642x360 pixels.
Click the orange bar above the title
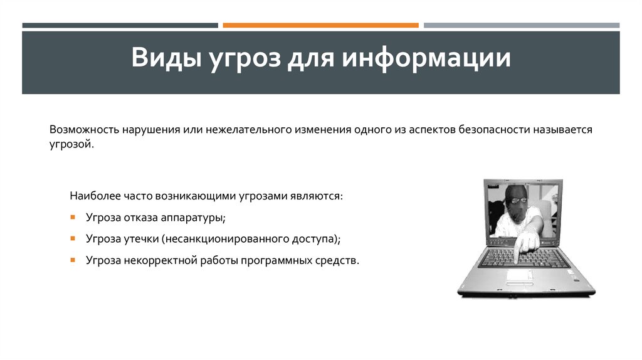[320, 26]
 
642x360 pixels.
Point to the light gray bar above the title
[521, 26]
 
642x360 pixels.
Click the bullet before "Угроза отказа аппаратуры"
[73, 217]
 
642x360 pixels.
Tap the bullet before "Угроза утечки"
[73, 238]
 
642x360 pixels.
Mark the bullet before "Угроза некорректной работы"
[73, 260]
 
